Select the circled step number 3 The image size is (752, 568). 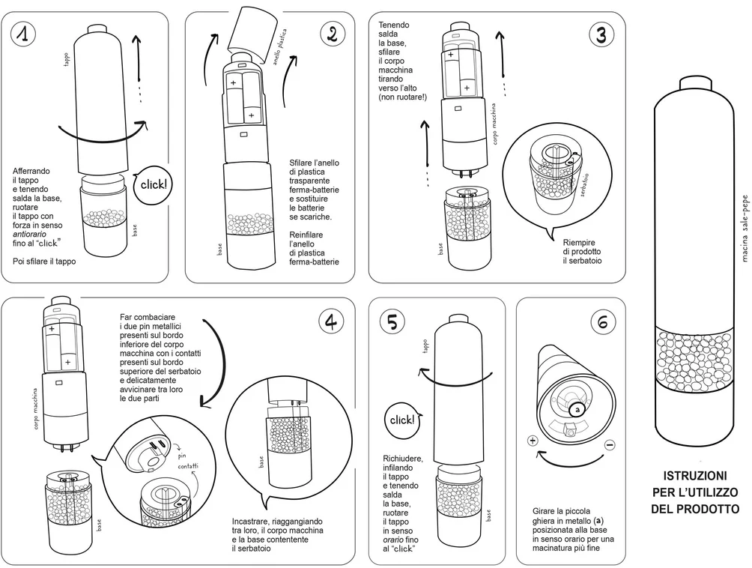601,34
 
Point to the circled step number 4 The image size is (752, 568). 331,321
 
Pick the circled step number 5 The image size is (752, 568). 393,321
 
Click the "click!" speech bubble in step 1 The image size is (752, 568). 154,184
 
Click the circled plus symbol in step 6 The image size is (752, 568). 533,441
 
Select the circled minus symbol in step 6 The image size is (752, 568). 609,444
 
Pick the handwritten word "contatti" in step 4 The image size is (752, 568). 188,466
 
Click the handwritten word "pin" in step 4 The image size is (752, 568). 181,455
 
